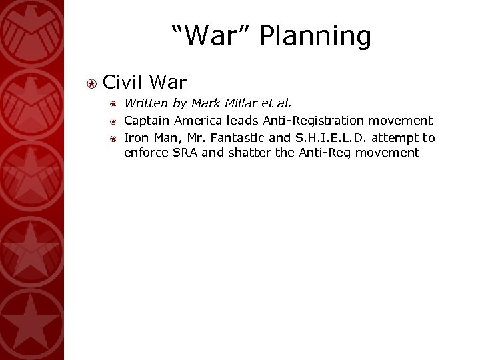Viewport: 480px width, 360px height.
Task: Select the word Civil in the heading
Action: (125, 83)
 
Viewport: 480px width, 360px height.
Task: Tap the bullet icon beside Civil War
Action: (93, 83)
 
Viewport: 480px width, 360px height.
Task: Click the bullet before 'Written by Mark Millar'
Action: (114, 104)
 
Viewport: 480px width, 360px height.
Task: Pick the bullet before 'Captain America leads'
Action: (114, 121)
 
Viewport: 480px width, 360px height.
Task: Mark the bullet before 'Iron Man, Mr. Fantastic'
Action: (114, 138)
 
